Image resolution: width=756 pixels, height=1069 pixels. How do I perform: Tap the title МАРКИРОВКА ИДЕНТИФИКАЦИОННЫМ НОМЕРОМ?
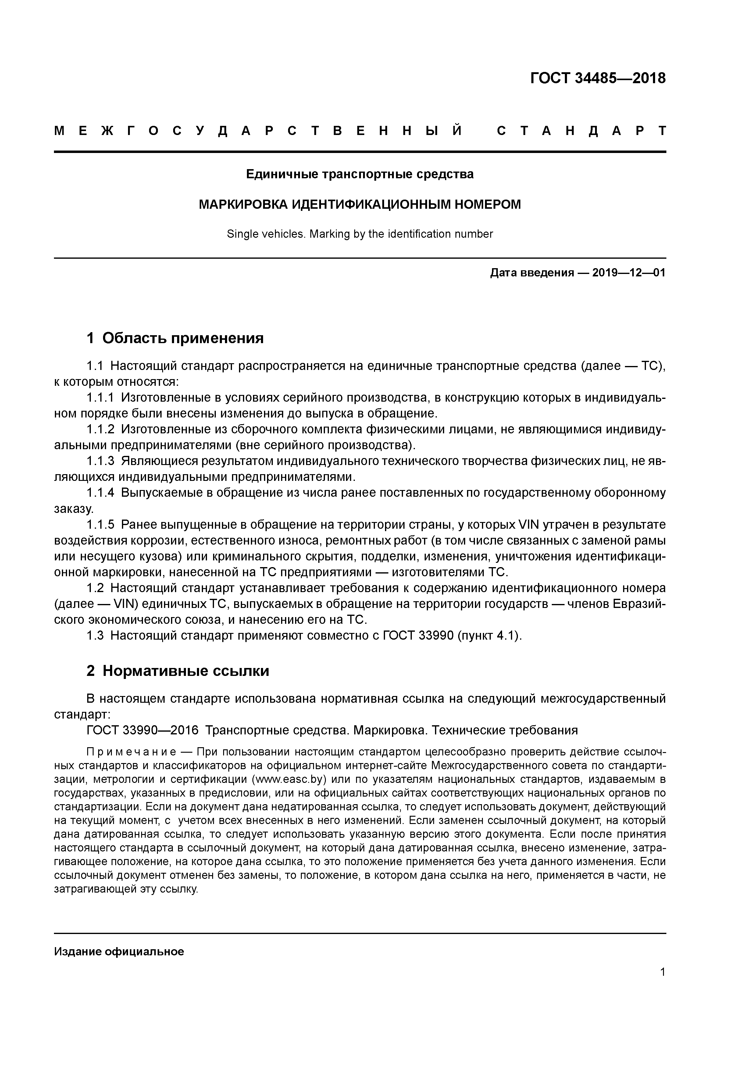pyautogui.click(x=360, y=204)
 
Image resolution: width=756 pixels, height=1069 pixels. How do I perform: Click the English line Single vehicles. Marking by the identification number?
pyautogui.click(x=360, y=234)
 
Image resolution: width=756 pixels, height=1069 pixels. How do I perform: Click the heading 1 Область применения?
pyautogui.click(x=175, y=338)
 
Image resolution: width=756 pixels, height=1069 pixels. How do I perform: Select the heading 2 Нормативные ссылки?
pyautogui.click(x=178, y=671)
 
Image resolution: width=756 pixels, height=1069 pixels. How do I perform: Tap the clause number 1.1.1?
pyautogui.click(x=100, y=398)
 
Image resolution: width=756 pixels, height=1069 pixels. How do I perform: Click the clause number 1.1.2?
pyautogui.click(x=100, y=430)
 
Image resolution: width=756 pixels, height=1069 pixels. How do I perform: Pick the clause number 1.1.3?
pyautogui.click(x=100, y=461)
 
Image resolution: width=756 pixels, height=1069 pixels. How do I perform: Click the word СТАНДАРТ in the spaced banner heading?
pyautogui.click(x=581, y=131)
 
